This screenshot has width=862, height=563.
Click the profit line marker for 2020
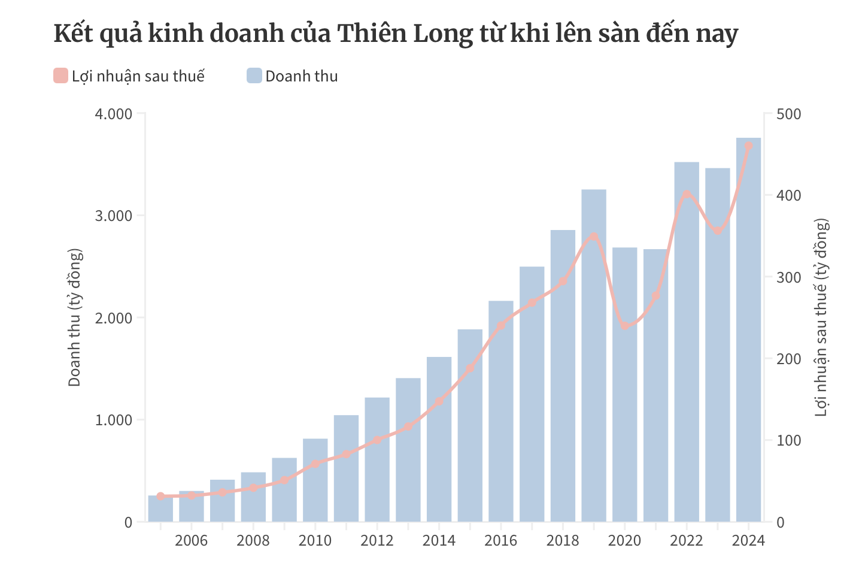click(x=625, y=326)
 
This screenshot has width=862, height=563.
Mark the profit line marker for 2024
click(x=748, y=146)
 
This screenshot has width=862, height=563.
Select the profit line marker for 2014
click(x=439, y=401)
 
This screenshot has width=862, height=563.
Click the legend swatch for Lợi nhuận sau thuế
click(x=60, y=76)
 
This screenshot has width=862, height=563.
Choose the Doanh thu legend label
click(x=301, y=76)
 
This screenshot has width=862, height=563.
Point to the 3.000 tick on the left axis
click(x=114, y=216)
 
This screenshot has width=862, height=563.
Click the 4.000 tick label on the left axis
click(x=114, y=114)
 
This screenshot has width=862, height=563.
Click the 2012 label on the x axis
click(x=377, y=540)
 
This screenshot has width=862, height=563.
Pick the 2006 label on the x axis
click(x=192, y=540)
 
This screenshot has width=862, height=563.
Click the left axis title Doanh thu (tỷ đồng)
click(x=75, y=317)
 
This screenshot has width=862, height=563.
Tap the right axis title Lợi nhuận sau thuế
click(x=821, y=317)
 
